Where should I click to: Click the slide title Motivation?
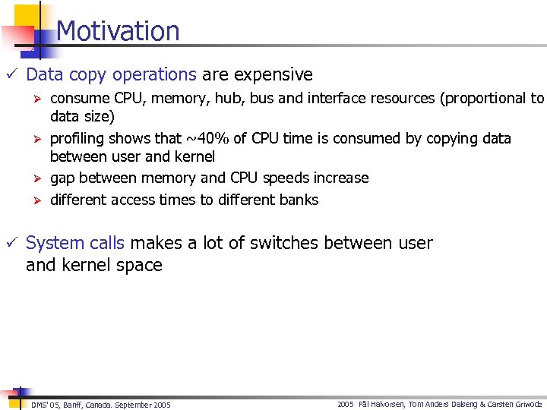(x=118, y=31)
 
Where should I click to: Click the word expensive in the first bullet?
(x=273, y=74)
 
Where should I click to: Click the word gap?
(x=65, y=178)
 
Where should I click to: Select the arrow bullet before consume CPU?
(x=33, y=99)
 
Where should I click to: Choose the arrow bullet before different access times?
(x=33, y=200)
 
